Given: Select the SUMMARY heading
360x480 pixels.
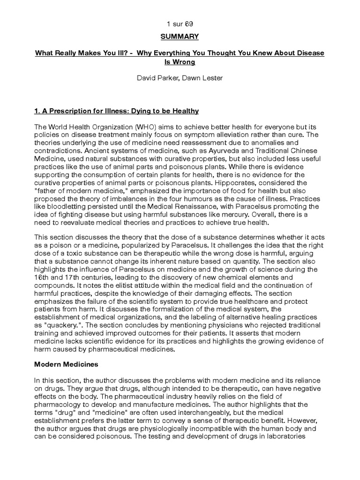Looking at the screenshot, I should (x=180, y=37).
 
